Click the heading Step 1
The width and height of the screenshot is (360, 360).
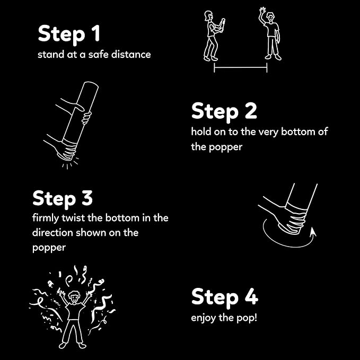coord(69,34)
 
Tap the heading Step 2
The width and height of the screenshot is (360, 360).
coord(224,111)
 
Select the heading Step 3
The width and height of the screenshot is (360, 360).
coord(63,198)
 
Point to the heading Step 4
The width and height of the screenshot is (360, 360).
coord(225,297)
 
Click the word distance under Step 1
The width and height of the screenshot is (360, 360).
coord(131,55)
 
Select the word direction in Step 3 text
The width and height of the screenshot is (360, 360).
coord(52,233)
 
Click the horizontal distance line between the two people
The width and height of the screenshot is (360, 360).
coord(240,67)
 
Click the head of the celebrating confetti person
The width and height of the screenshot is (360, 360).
coord(74,297)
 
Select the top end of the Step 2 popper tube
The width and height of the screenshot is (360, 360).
coord(91,84)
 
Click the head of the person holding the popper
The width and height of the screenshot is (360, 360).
coord(208,16)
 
